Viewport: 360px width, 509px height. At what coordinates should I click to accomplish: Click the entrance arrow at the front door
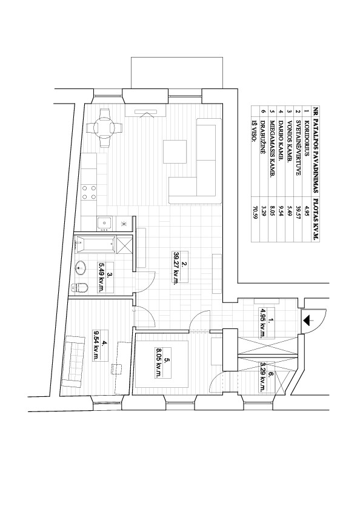(308, 321)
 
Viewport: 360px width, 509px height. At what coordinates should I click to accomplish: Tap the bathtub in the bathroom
(95, 245)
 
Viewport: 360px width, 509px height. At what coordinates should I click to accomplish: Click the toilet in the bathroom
(80, 288)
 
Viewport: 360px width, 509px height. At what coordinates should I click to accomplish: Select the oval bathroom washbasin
(81, 268)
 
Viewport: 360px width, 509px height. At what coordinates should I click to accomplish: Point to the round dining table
(104, 128)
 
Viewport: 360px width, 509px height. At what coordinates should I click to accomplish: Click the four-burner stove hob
(89, 192)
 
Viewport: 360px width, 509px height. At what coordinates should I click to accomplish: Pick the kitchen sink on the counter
(104, 224)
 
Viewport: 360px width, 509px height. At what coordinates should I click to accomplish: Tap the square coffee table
(175, 151)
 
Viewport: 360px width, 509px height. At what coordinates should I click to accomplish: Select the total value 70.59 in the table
(255, 213)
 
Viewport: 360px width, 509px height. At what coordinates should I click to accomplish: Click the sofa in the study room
(72, 361)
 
